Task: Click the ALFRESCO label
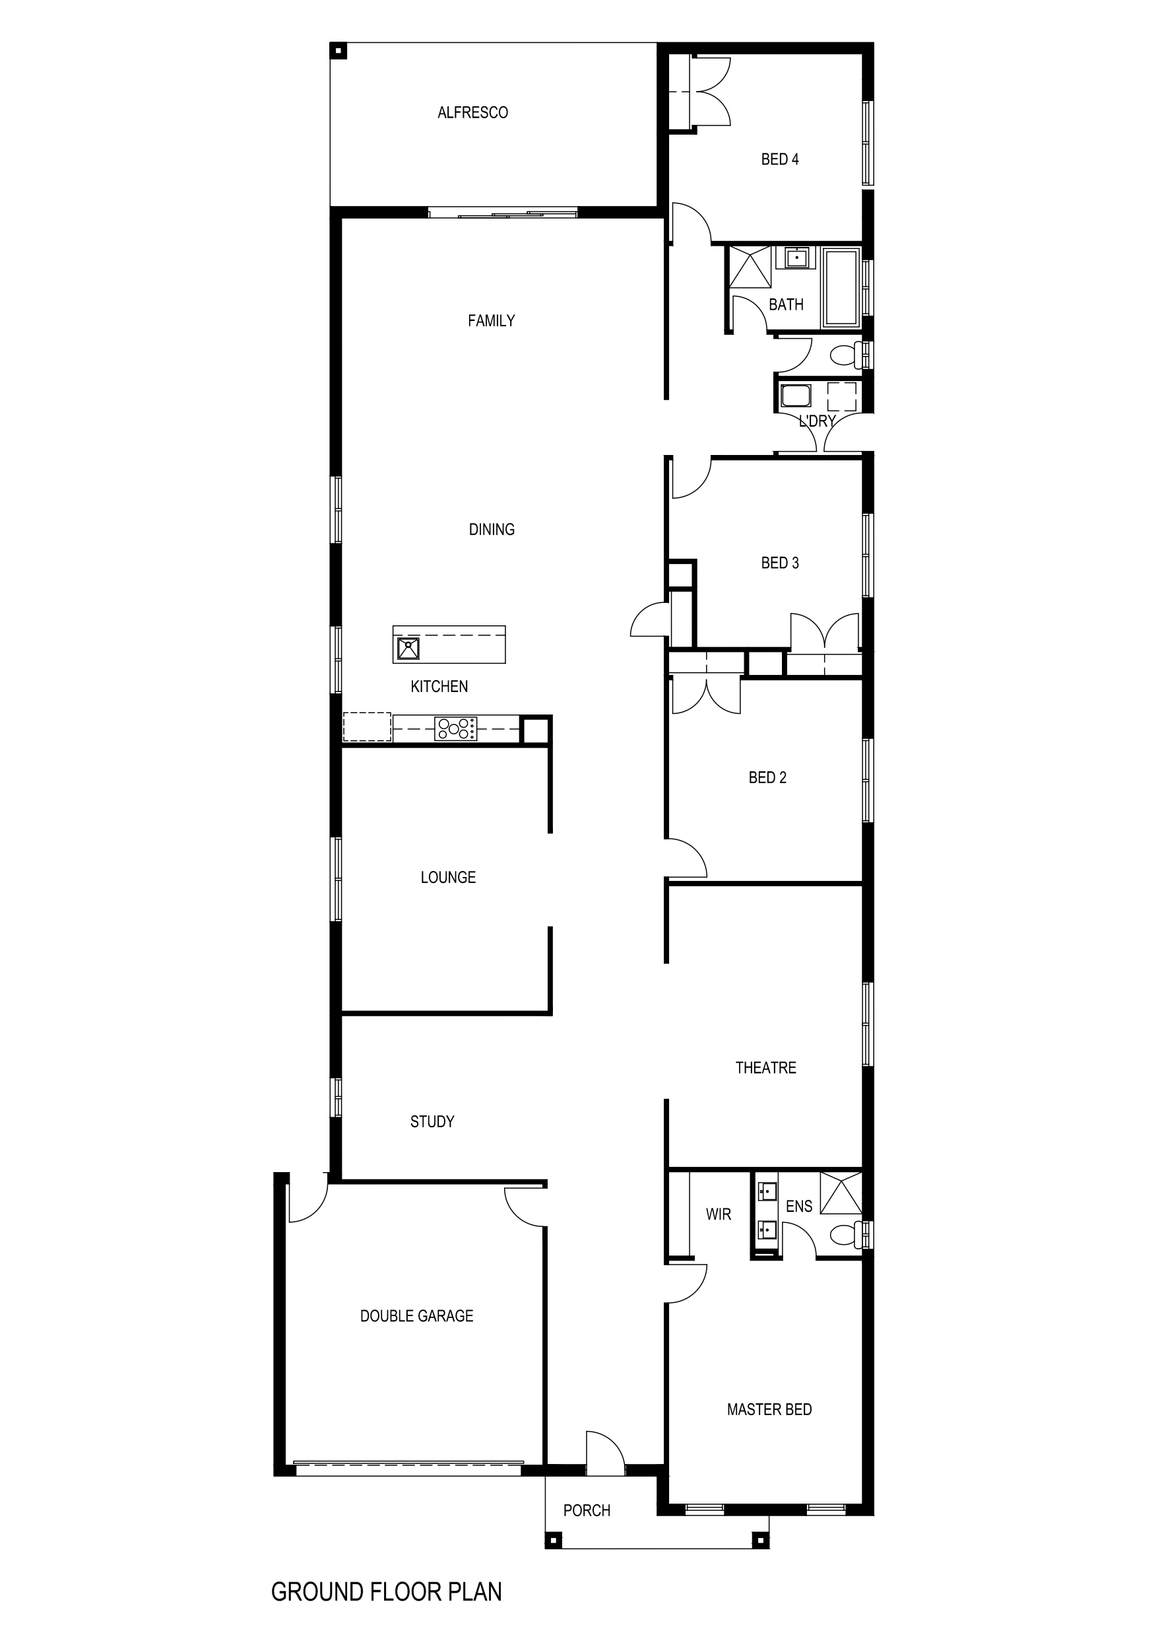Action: pyautogui.click(x=472, y=113)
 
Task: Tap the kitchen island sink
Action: pyautogui.click(x=408, y=648)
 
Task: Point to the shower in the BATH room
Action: pyautogui.click(x=750, y=266)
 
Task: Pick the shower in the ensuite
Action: pyautogui.click(x=841, y=1193)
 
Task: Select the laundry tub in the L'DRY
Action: pyautogui.click(x=796, y=396)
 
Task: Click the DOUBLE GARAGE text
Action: pyautogui.click(x=416, y=1315)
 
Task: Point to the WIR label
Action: pyautogui.click(x=719, y=1214)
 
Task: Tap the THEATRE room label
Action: pyautogui.click(x=765, y=1068)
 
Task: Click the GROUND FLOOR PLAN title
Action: pyautogui.click(x=386, y=1592)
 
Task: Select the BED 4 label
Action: pyautogui.click(x=780, y=160)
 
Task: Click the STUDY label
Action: pyautogui.click(x=432, y=1121)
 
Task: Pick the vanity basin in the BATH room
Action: pyautogui.click(x=796, y=257)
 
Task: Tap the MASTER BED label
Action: pyautogui.click(x=769, y=1409)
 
